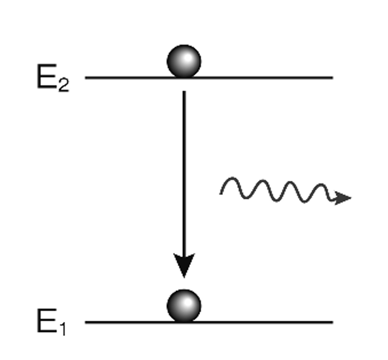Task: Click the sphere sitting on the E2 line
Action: click(184, 61)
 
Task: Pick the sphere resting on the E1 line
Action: click(184, 305)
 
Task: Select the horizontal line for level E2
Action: click(267, 77)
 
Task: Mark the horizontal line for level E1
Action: click(267, 322)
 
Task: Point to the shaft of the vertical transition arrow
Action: click(184, 171)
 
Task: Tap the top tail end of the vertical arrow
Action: click(184, 93)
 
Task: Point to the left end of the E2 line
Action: click(86, 77)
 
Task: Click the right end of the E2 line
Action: click(332, 77)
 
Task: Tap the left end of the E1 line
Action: click(86, 322)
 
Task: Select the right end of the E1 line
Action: click(332, 322)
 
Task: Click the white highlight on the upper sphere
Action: click(178, 56)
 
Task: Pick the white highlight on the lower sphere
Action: click(178, 300)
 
